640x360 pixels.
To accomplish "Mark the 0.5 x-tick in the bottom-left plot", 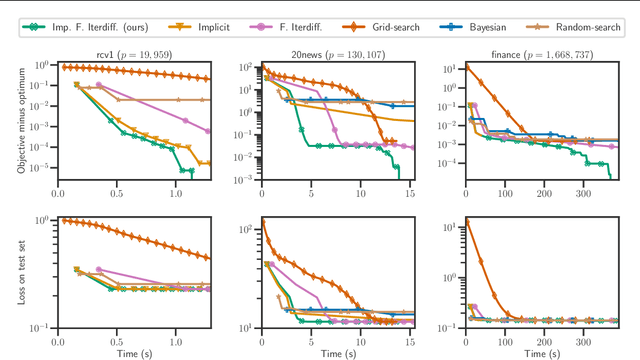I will pyautogui.click(x=118, y=337).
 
